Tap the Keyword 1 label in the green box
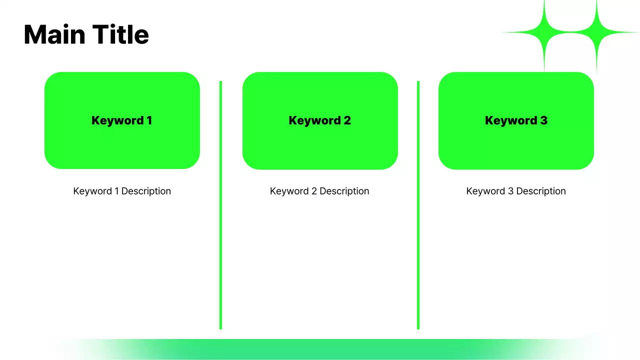121,120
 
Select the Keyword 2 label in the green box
319,120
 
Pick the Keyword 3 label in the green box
516,120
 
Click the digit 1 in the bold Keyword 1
149,120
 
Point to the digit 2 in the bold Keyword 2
347,120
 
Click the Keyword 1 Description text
122,191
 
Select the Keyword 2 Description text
319,191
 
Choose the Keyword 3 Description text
516,191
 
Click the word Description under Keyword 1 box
146,191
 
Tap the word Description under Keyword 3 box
540,191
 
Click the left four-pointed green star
544,32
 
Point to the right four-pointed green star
596,32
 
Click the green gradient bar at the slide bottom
320,349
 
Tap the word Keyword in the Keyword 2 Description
289,191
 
